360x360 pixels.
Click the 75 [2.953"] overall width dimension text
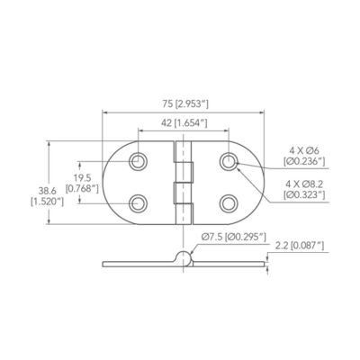(x=185, y=104)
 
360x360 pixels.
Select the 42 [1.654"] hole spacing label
(x=184, y=123)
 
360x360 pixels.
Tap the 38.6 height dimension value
(x=48, y=190)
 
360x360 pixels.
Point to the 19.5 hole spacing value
(x=82, y=178)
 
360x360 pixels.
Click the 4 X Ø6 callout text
(x=304, y=150)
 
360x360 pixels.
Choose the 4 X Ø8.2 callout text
(x=304, y=184)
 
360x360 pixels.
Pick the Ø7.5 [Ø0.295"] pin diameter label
(x=234, y=238)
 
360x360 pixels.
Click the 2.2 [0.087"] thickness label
(x=300, y=246)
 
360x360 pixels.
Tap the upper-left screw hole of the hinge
(x=138, y=161)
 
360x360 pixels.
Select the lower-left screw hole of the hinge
(x=138, y=203)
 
